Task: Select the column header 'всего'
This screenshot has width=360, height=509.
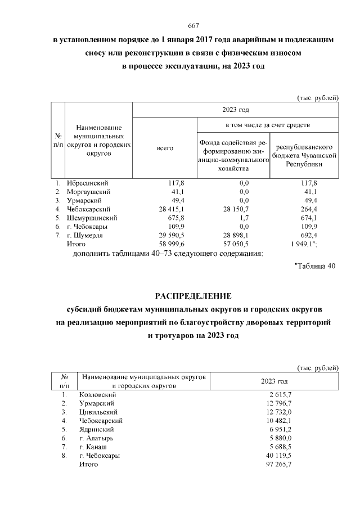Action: (x=165, y=148)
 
